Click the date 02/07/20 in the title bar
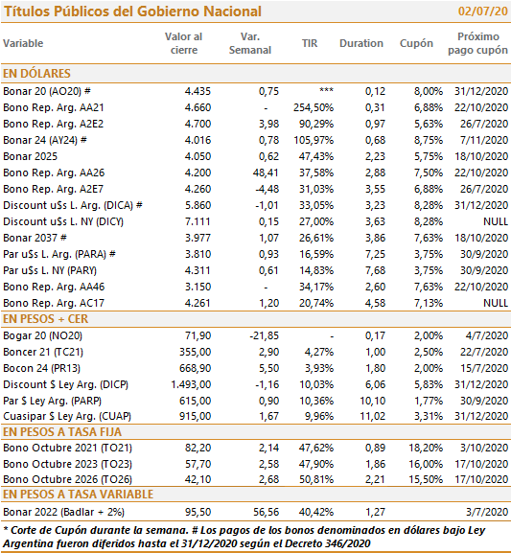[x=483, y=12]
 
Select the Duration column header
[x=361, y=43]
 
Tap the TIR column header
[x=310, y=43]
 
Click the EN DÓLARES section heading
[x=36, y=74]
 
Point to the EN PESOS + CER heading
[x=45, y=319]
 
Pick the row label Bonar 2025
[x=30, y=156]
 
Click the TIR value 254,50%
[x=314, y=107]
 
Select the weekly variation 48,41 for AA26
[x=266, y=173]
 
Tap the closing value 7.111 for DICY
[x=197, y=221]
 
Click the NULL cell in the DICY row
[x=496, y=221]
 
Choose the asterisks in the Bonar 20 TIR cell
[x=326, y=90]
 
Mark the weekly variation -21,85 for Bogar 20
[x=265, y=335]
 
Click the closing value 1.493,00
[x=191, y=384]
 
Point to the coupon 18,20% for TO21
[x=426, y=448]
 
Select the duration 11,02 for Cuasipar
[x=373, y=416]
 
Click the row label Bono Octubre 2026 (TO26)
[x=67, y=479]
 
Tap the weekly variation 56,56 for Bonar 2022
[x=267, y=512]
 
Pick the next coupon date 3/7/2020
[x=487, y=512]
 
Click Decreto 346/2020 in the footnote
[x=327, y=543]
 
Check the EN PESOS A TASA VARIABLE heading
[x=78, y=495]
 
